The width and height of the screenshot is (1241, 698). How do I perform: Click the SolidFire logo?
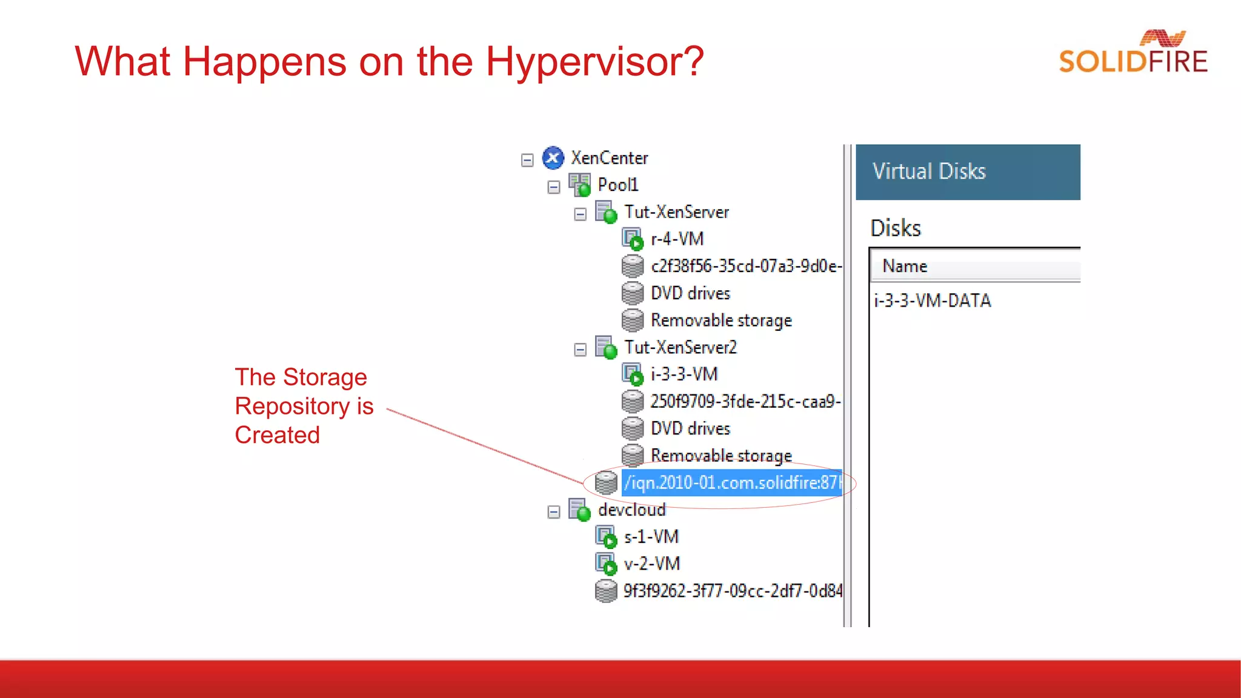click(1132, 53)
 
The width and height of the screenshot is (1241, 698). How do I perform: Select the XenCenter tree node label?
click(609, 158)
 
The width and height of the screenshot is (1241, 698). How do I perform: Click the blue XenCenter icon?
click(553, 158)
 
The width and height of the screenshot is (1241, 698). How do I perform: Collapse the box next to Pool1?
click(553, 187)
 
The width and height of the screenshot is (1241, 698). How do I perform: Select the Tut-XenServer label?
click(676, 212)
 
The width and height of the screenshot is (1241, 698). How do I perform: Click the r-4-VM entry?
click(676, 239)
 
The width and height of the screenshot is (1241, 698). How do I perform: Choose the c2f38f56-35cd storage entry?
click(745, 266)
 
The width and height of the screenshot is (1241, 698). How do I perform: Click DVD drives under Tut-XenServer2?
click(690, 428)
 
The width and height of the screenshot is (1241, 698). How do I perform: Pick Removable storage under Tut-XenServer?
click(721, 320)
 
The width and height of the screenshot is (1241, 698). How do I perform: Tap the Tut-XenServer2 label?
click(680, 347)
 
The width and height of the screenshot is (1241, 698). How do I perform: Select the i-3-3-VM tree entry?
click(684, 374)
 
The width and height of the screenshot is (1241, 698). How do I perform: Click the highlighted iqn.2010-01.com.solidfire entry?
click(732, 483)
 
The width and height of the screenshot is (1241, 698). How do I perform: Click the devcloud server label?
click(631, 510)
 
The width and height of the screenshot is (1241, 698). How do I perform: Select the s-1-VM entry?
click(651, 537)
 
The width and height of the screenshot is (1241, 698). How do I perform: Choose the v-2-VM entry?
click(651, 563)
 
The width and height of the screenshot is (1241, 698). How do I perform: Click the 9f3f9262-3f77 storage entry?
click(732, 591)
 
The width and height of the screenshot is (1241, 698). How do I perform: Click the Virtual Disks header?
click(929, 171)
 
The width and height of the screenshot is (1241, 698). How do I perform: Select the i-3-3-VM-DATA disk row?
click(932, 301)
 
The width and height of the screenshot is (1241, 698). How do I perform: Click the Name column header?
click(905, 266)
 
